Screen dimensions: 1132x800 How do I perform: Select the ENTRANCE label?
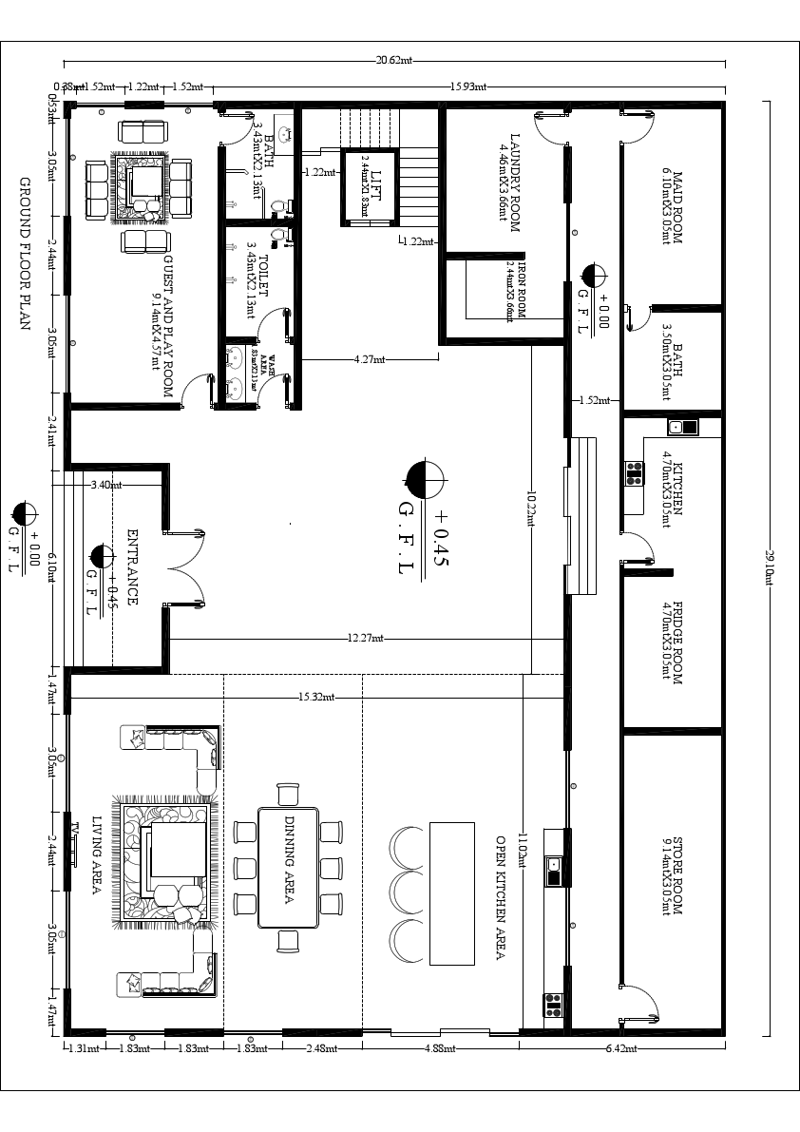132,567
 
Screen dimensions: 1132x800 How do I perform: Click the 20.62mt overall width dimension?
394,61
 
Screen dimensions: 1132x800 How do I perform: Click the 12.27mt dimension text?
365,639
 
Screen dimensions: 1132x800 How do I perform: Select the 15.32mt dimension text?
316,698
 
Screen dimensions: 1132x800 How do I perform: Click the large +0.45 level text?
439,538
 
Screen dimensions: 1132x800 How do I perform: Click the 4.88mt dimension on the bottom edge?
441,1048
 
